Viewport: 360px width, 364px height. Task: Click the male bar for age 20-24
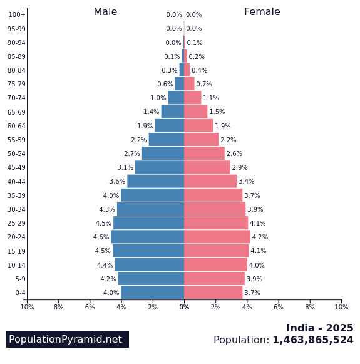click(x=148, y=237)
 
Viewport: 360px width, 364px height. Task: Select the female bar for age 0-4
click(x=213, y=293)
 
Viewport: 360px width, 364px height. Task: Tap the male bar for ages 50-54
click(x=163, y=153)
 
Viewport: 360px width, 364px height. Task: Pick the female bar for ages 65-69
click(x=195, y=112)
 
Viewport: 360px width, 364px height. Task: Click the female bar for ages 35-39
click(x=213, y=195)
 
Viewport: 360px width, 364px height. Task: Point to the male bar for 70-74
click(x=176, y=98)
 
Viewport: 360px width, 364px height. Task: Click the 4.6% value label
click(x=101, y=237)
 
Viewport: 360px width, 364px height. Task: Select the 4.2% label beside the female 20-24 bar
click(x=260, y=237)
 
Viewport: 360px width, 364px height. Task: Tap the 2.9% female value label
click(x=240, y=168)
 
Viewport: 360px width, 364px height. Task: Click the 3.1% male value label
click(x=125, y=168)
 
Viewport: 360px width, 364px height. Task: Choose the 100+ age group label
click(x=17, y=15)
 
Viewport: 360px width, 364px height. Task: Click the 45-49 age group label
click(x=16, y=168)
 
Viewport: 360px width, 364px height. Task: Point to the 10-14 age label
click(x=16, y=265)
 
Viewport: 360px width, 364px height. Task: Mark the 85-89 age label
click(x=16, y=56)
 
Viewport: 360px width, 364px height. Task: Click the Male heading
click(x=105, y=12)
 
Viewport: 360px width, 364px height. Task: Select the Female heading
click(x=262, y=12)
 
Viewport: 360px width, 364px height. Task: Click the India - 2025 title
click(x=319, y=328)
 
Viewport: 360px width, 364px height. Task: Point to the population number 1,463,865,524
click(x=312, y=340)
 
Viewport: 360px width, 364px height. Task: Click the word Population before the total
click(x=241, y=340)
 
